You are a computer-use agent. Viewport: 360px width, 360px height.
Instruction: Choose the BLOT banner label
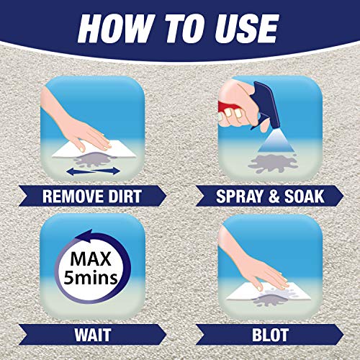269,336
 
